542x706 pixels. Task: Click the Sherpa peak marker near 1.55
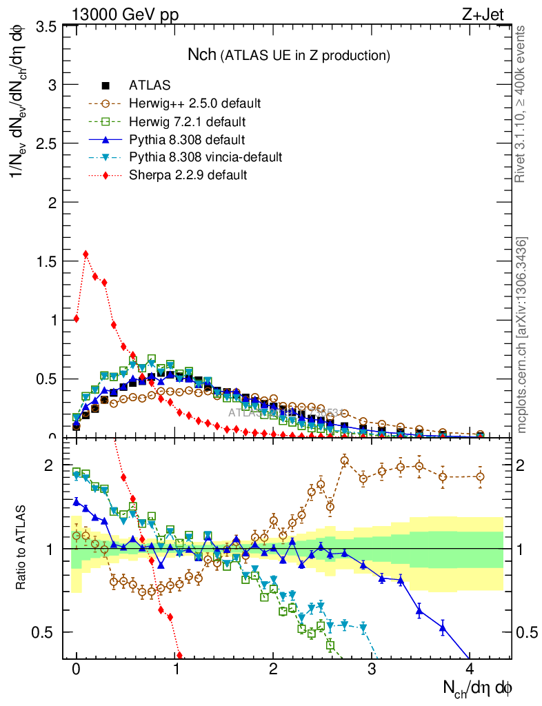coord(86,254)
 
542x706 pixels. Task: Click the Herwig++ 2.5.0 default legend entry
coord(194,104)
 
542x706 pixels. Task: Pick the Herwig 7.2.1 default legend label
coord(188,122)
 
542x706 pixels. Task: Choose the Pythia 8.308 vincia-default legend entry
coord(205,158)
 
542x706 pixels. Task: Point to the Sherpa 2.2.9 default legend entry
coord(188,175)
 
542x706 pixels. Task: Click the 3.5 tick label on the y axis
coord(47,27)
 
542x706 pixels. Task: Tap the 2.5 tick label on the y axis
coord(47,144)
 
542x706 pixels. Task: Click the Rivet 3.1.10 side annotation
coord(522,103)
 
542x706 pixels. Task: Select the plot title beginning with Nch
coord(290,54)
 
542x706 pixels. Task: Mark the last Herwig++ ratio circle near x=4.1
coord(480,476)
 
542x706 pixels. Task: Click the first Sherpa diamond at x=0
coord(76,319)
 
